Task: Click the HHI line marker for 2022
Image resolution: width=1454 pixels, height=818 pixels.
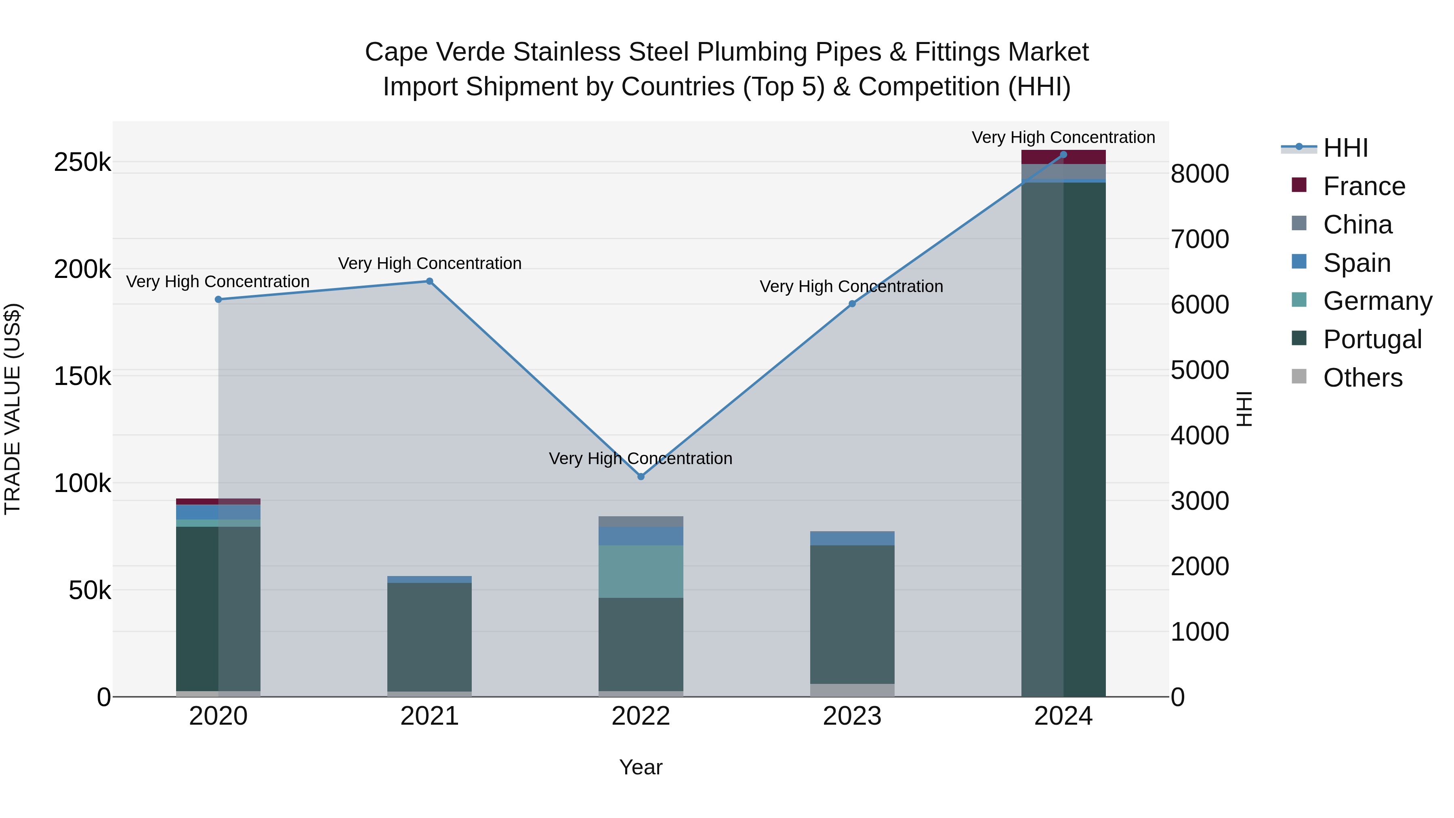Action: [641, 477]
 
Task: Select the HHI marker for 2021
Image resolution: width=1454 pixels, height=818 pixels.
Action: [430, 281]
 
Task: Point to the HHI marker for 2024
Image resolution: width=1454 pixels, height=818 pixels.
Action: [1063, 154]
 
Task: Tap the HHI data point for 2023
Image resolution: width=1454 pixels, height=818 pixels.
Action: [852, 304]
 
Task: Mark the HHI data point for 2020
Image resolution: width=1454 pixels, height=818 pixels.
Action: [219, 299]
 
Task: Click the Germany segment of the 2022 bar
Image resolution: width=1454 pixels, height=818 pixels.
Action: [641, 571]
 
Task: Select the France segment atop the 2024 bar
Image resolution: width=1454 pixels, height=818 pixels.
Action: [1063, 157]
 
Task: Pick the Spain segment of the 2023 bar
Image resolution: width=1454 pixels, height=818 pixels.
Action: [852, 538]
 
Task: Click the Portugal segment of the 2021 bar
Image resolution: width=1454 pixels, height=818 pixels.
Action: [430, 637]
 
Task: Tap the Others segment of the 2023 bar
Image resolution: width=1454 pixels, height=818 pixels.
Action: [852, 690]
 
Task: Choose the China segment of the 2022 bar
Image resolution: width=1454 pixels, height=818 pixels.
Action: [641, 521]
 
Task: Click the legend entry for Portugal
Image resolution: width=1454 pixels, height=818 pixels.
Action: [1372, 339]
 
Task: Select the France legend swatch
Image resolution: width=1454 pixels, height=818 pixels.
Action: [1299, 185]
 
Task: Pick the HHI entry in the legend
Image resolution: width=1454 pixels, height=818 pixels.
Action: [1345, 148]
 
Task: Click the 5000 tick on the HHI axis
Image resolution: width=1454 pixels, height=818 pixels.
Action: [1200, 370]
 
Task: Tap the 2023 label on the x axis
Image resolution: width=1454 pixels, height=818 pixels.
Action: [852, 716]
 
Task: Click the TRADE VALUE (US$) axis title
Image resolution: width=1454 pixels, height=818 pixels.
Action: [13, 409]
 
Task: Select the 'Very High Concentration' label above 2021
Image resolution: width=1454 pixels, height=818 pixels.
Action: [430, 264]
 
